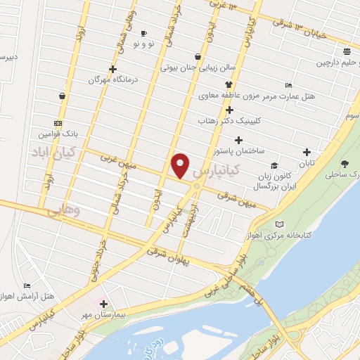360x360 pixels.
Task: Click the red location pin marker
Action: click(x=181, y=165)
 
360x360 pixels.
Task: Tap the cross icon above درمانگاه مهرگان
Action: click(x=112, y=69)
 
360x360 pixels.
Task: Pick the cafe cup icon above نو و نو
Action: click(x=143, y=33)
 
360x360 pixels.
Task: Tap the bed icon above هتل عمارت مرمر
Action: click(x=289, y=85)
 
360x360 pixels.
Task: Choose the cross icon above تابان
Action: click(x=306, y=153)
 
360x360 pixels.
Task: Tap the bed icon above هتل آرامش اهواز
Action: click(x=27, y=285)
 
